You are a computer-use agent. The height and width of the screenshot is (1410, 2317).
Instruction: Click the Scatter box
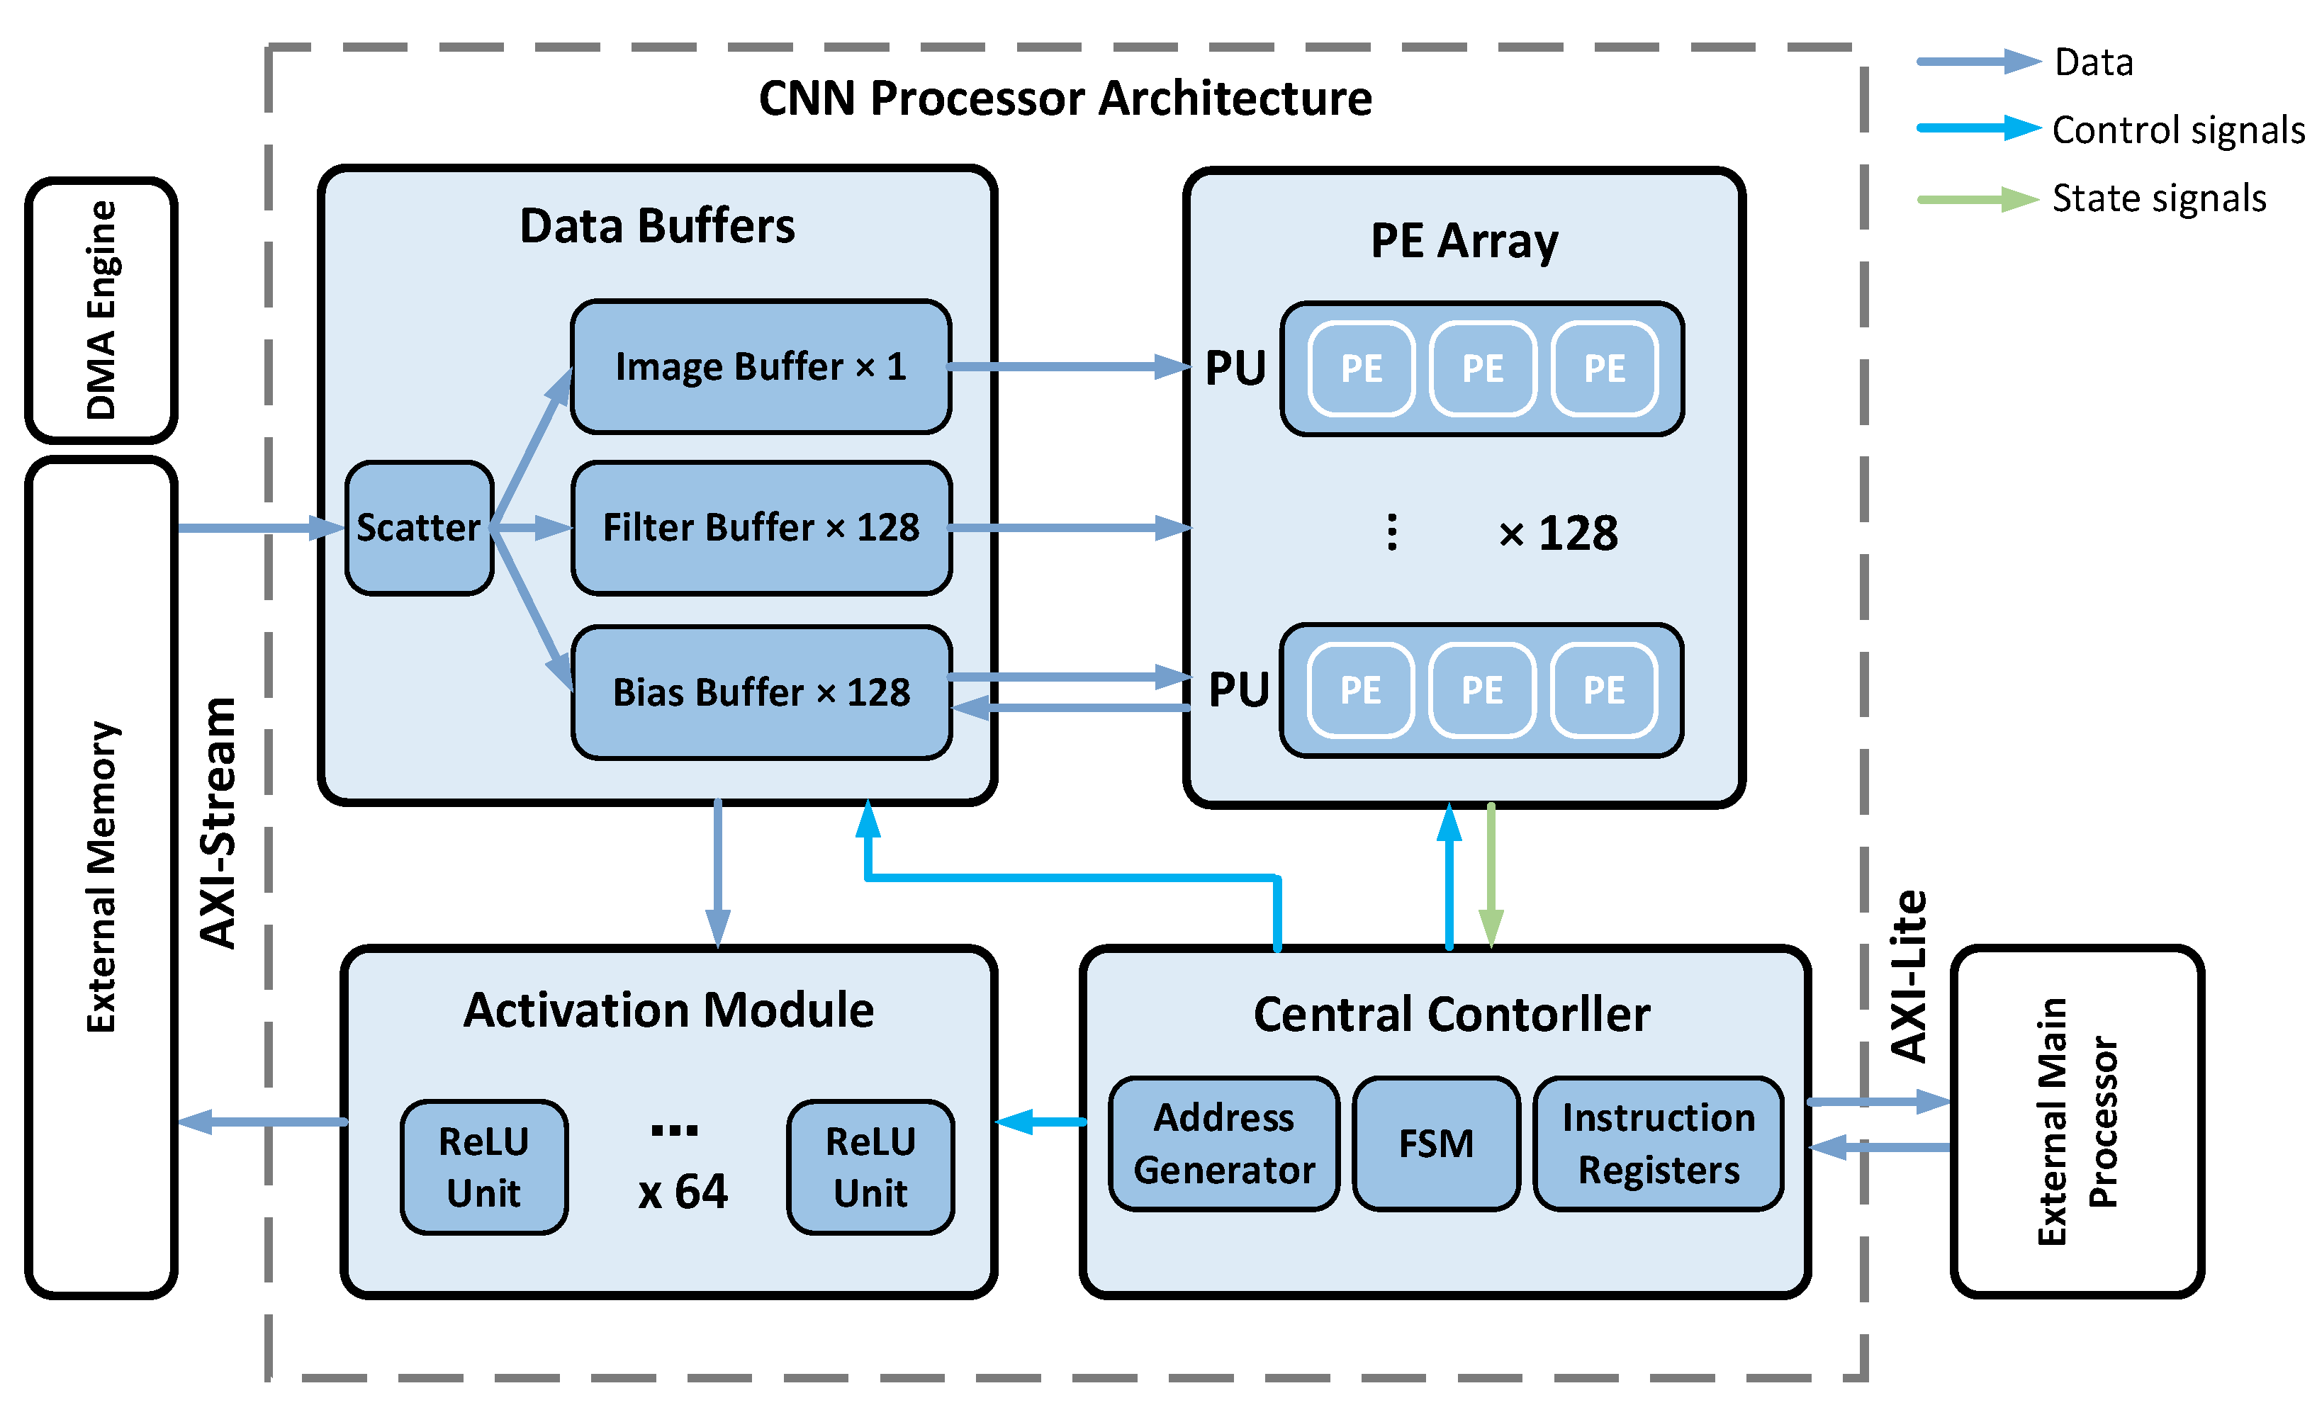[x=418, y=527]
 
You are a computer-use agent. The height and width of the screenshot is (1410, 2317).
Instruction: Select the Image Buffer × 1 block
[x=760, y=366]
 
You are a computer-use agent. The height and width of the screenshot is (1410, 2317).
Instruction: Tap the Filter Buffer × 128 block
[x=760, y=527]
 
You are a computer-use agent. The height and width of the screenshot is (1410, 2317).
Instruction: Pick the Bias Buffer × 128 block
[x=760, y=692]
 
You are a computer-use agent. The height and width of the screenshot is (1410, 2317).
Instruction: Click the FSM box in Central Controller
[x=1435, y=1143]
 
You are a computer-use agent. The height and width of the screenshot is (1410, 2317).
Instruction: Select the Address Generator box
[x=1223, y=1143]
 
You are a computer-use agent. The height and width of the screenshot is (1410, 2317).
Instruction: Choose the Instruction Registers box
[x=1658, y=1143]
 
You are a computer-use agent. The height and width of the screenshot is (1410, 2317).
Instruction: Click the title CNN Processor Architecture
[x=1065, y=98]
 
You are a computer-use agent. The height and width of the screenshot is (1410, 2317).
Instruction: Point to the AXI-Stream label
[x=218, y=823]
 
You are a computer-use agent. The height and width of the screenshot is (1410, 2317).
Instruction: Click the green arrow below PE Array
[x=1491, y=874]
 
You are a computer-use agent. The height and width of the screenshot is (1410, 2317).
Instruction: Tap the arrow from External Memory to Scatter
[x=259, y=527]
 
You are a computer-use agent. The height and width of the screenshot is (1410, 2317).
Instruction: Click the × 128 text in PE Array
[x=1557, y=533]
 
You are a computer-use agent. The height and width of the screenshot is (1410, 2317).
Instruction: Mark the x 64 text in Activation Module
[x=683, y=1192]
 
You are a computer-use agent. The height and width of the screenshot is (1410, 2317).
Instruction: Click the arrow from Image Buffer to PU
[x=1067, y=366]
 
